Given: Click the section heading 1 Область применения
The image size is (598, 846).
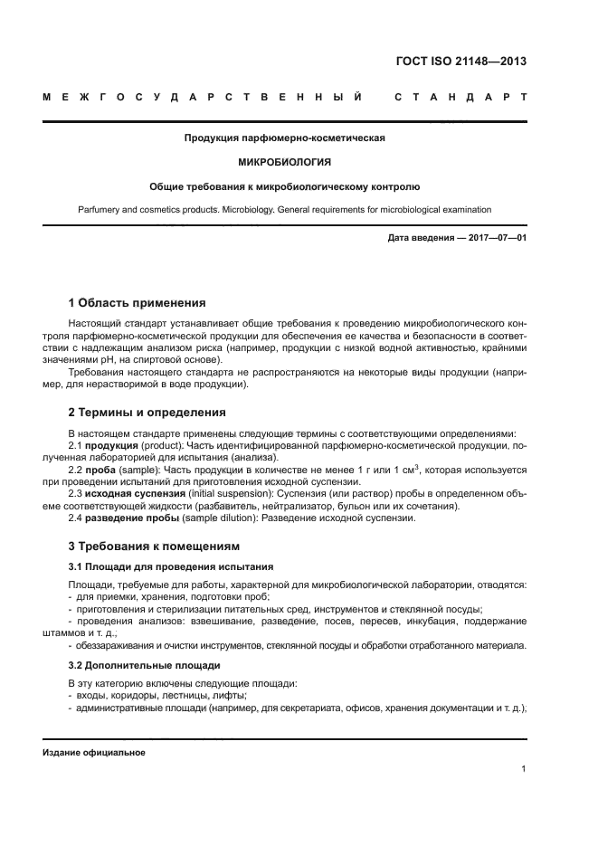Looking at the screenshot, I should [x=138, y=302].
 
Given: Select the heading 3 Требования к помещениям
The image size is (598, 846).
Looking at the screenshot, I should [x=155, y=547].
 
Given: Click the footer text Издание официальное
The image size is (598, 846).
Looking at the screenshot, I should [x=93, y=752].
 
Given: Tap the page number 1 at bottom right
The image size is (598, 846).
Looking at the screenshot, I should [x=524, y=769].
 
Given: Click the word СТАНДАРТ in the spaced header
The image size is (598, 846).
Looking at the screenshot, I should [x=460, y=97].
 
